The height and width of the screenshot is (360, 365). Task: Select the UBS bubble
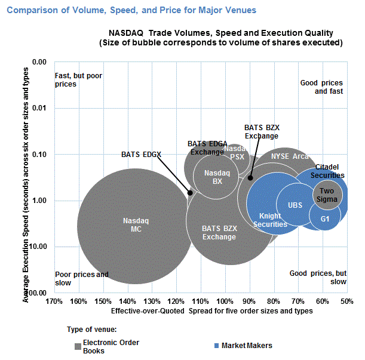[x=295, y=205]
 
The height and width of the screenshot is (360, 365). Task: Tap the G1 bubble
[x=324, y=219]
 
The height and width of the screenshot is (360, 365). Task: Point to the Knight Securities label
[x=270, y=220]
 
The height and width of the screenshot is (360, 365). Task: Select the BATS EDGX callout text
[x=142, y=155]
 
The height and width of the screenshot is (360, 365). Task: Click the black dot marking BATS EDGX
[x=191, y=192]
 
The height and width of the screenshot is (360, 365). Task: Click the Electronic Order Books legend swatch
[x=78, y=346]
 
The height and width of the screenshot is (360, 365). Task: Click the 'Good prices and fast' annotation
[x=321, y=87]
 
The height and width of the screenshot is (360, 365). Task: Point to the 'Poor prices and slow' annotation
[x=81, y=278]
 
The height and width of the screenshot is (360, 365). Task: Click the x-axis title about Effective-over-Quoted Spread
[x=212, y=311]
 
